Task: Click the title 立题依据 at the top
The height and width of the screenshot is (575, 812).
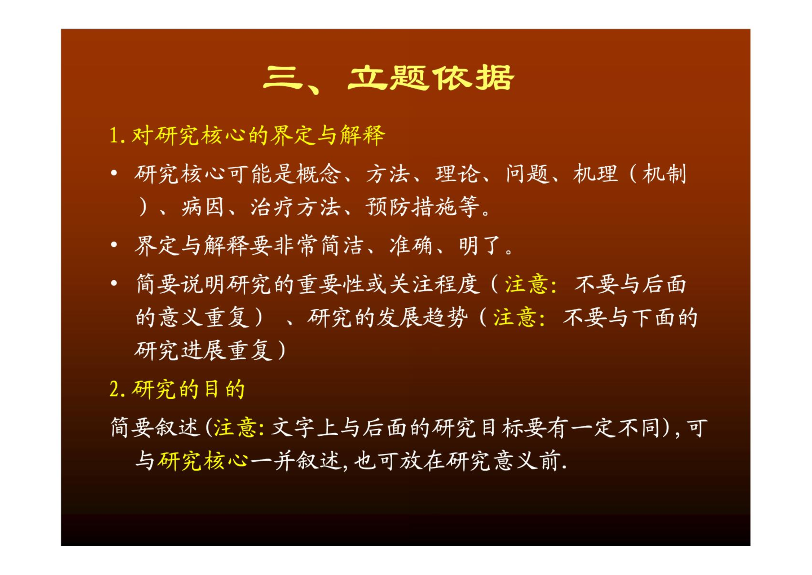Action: [x=431, y=78]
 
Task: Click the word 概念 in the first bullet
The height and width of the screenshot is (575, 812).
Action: [x=319, y=174]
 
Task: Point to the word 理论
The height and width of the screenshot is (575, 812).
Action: [x=458, y=174]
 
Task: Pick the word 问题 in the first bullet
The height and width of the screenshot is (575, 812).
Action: [x=528, y=174]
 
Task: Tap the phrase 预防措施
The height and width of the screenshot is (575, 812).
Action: [x=411, y=207]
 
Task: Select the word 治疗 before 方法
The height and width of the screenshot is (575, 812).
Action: [x=273, y=207]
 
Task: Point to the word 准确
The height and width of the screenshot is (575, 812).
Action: [x=411, y=246]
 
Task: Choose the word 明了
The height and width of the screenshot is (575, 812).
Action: [x=481, y=246]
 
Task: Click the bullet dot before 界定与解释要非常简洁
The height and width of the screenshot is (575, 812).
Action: [x=114, y=245]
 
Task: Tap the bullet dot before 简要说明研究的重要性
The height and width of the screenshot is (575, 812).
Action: [x=114, y=284]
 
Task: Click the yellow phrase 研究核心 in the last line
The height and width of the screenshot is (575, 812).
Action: [x=203, y=461]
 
